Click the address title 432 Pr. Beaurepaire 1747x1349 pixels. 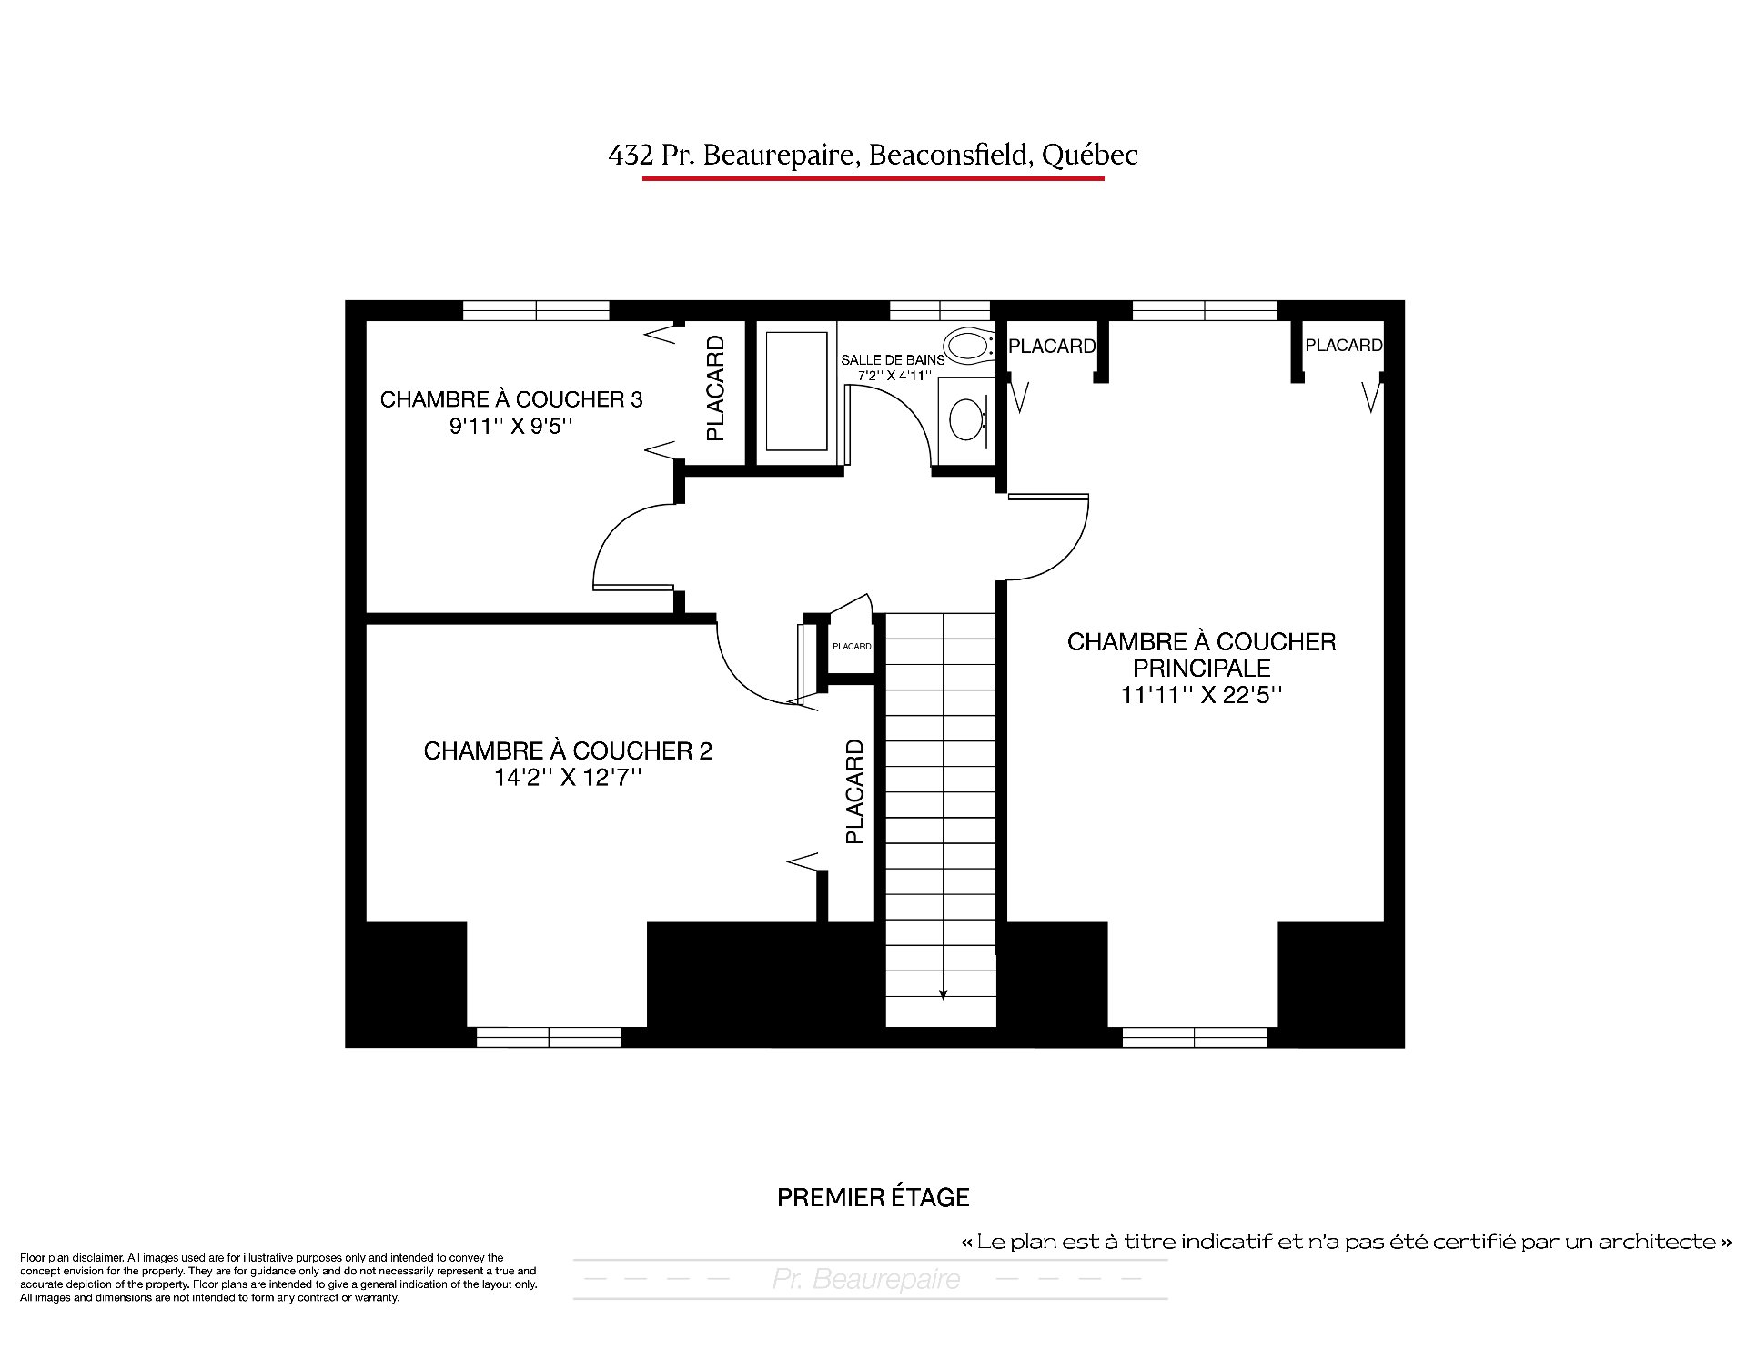tap(734, 156)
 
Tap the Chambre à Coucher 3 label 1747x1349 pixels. tap(511, 399)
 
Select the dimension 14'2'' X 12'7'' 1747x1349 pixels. tap(568, 778)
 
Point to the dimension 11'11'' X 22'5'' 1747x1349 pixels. tap(1201, 695)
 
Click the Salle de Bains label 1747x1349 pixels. tap(892, 360)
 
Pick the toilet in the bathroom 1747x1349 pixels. tap(970, 347)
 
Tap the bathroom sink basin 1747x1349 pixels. tap(966, 418)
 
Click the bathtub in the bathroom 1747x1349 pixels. tap(796, 391)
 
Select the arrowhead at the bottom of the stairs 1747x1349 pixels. tap(943, 994)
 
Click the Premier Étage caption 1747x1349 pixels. tap(873, 1197)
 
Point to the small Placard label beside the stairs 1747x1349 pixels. tap(852, 647)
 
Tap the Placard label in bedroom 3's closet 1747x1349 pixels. tap(716, 388)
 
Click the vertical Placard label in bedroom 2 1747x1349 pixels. tap(854, 791)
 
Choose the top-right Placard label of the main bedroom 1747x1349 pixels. tap(1344, 346)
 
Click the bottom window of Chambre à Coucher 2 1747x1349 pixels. tap(549, 1037)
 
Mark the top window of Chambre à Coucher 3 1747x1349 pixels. tap(536, 310)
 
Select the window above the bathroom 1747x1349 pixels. tap(939, 310)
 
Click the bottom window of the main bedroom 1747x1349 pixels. tap(1195, 1037)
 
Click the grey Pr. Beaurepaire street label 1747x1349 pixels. tap(866, 1280)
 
